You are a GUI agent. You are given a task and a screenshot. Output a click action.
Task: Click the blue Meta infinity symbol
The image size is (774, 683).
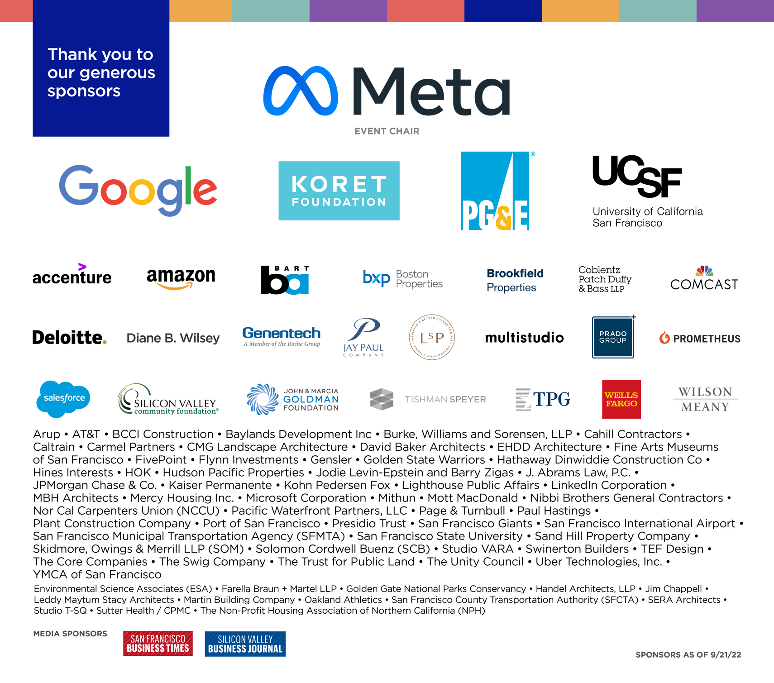click(x=301, y=91)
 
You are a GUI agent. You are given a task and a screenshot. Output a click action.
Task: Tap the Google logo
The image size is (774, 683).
click(x=138, y=190)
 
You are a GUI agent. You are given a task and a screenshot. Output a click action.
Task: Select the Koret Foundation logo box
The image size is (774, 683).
click(x=339, y=191)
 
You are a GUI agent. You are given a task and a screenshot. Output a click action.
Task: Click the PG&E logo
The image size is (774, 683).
click(x=496, y=191)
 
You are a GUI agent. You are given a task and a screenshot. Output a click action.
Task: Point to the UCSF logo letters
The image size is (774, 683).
click(x=637, y=176)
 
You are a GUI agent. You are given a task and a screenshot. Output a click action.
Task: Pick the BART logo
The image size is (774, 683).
click(x=285, y=280)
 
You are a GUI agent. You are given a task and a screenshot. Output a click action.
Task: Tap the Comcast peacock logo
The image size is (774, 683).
click(x=704, y=271)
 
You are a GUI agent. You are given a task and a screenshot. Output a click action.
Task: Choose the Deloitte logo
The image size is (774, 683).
click(x=70, y=338)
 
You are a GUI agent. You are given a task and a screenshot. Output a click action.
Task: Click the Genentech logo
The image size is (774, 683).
click(x=282, y=337)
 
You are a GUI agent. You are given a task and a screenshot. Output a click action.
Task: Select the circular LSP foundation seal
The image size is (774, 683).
click(x=432, y=337)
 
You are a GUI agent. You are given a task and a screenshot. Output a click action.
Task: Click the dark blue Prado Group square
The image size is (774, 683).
click(x=613, y=337)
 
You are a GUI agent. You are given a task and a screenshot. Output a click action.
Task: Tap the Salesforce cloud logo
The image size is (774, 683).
click(x=63, y=399)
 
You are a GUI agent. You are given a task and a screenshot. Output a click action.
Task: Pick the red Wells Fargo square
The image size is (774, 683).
click(x=621, y=399)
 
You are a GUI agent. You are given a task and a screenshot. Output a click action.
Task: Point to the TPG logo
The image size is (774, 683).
click(x=543, y=399)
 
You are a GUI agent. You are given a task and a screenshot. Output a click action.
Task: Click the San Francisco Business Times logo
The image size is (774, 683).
click(x=158, y=643)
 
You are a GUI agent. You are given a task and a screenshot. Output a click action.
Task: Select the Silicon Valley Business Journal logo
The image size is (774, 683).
click(x=245, y=644)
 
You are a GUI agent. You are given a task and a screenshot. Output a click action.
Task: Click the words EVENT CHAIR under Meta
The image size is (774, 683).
click(x=387, y=131)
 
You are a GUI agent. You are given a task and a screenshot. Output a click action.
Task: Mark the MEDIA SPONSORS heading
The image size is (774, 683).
click(x=70, y=634)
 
